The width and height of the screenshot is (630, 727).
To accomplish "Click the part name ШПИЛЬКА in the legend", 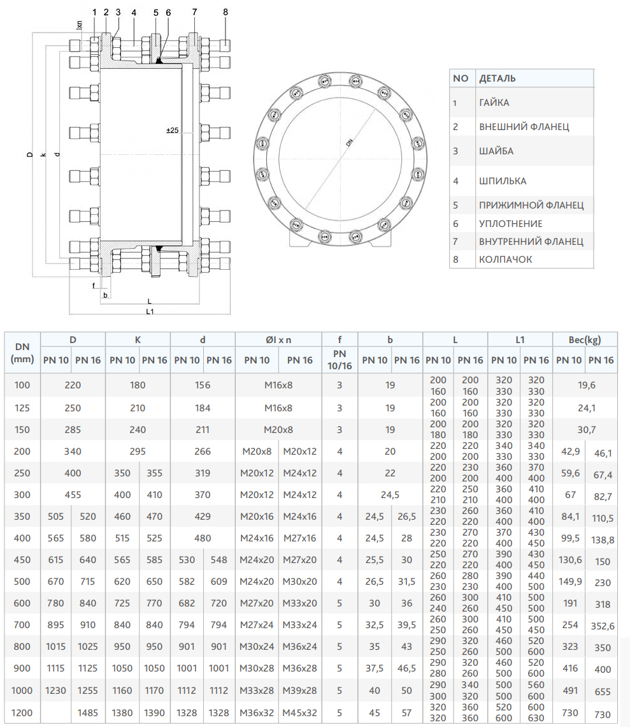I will (x=502, y=181).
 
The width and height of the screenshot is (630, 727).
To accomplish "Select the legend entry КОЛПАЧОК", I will (x=505, y=260).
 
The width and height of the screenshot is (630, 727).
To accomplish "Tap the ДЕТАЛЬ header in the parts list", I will (x=497, y=78).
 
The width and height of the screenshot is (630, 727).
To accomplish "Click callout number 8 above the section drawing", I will (x=226, y=12).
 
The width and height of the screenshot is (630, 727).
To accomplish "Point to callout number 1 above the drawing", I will (x=94, y=12).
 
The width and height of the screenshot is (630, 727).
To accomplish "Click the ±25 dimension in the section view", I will (x=172, y=130).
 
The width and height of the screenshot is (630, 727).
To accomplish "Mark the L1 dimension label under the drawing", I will (x=150, y=311).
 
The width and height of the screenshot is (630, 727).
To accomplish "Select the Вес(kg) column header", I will (x=585, y=340).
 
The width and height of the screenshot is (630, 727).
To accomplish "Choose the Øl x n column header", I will (x=278, y=340).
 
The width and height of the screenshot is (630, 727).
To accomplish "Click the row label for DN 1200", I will (x=22, y=712).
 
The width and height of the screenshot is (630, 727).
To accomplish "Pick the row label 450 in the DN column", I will (x=22, y=560).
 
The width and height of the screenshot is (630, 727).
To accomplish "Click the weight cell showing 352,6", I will (x=602, y=626).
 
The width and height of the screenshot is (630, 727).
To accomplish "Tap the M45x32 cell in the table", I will (x=299, y=712).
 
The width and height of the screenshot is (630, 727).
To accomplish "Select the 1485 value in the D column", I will (x=88, y=712).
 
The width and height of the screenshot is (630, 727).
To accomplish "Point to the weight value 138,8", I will (x=602, y=540).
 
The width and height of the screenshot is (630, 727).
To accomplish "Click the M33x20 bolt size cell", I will (x=299, y=604).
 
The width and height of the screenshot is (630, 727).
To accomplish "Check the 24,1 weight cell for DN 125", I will (x=585, y=408).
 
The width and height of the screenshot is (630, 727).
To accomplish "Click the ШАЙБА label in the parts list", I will (x=496, y=151).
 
